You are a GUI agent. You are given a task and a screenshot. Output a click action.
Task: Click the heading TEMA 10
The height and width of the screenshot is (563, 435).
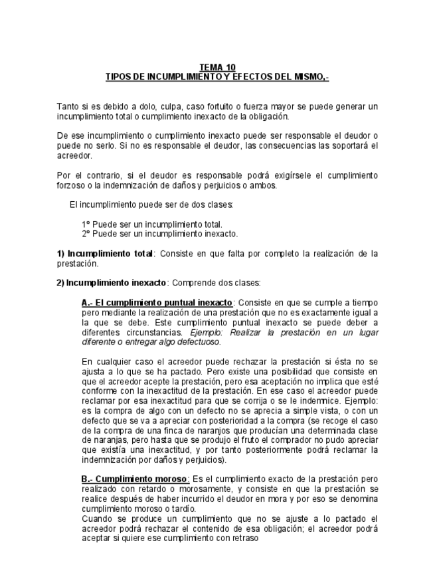217,67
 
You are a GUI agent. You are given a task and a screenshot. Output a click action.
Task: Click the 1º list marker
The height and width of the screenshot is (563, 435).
86,224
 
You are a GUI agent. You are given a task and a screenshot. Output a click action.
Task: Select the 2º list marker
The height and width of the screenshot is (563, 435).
86,233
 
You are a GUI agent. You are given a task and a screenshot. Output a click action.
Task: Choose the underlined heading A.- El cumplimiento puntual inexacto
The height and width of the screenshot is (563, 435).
157,302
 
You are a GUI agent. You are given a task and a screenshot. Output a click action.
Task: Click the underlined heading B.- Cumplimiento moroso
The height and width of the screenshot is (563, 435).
135,478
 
